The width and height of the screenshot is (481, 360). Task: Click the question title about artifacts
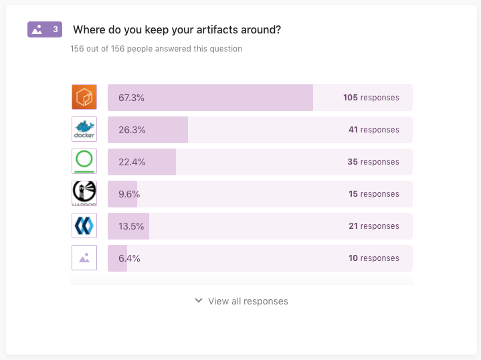[177, 29]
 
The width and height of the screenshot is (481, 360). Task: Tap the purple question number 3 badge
[45, 29]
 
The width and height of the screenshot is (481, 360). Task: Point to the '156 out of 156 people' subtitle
[156, 49]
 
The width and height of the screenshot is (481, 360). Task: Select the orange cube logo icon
[84, 98]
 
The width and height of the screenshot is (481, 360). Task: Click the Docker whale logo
[84, 129]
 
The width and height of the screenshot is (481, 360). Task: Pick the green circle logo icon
[84, 161]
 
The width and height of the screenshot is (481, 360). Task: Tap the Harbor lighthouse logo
[84, 193]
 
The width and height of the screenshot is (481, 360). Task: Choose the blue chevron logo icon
[84, 226]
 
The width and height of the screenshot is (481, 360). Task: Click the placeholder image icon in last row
[84, 258]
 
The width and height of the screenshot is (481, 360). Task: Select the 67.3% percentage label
[131, 98]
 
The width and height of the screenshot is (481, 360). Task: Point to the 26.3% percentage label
[132, 130]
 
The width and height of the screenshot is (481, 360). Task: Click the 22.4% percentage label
[132, 162]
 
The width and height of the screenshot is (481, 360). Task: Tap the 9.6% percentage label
[129, 194]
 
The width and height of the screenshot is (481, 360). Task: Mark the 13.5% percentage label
[131, 226]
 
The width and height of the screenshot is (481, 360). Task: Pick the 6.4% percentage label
[129, 258]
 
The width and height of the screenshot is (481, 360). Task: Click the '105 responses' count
[371, 98]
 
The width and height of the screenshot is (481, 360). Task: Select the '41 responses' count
[373, 130]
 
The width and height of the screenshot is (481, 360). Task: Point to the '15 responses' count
[373, 194]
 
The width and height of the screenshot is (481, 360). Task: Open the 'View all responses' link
[248, 301]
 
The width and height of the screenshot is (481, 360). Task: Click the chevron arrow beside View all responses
[198, 301]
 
